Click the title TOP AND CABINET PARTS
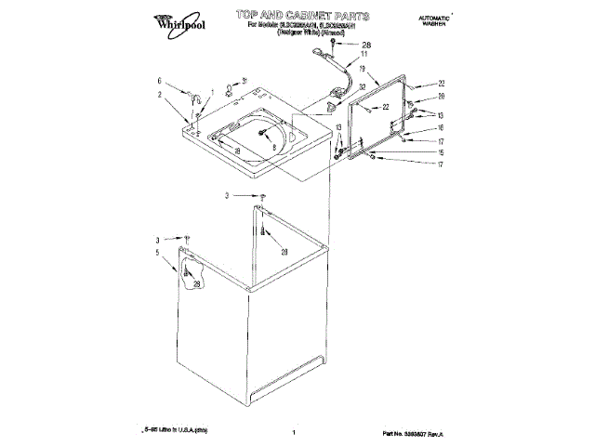pyautogui.click(x=303, y=17)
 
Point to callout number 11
pyautogui.click(x=364, y=55)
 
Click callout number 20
pyautogui.click(x=442, y=96)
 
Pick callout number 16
pyautogui.click(x=442, y=127)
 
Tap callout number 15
pyautogui.click(x=442, y=151)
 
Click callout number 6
pyautogui.click(x=160, y=81)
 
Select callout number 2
pyautogui.click(x=160, y=94)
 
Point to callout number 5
pyautogui.click(x=158, y=253)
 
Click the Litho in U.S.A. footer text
pyautogui.click(x=177, y=432)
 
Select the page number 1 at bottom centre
pyautogui.click(x=293, y=433)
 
